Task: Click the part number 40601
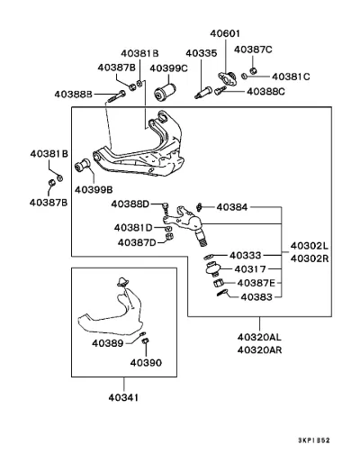(225, 33)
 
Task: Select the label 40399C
(168, 68)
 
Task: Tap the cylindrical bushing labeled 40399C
(165, 92)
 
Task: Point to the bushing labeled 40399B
(82, 165)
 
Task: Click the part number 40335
(201, 53)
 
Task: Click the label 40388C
(265, 91)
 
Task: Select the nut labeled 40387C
(253, 70)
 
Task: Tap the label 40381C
(291, 77)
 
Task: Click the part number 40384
(232, 207)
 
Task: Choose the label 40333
(246, 255)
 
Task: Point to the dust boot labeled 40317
(213, 268)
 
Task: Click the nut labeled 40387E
(218, 283)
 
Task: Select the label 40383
(256, 297)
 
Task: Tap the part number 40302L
(310, 246)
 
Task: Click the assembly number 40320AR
(259, 350)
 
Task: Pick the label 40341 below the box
(123, 397)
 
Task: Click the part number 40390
(146, 362)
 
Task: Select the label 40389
(108, 343)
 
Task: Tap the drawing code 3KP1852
(314, 440)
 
